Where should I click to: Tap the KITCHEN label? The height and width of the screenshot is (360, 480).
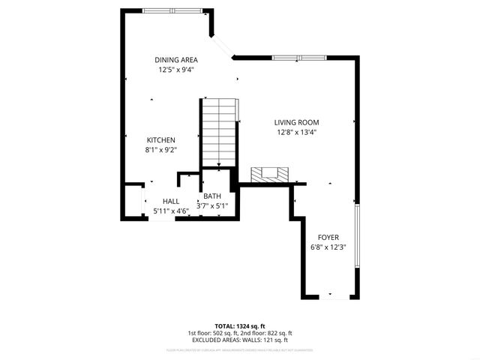[160, 140]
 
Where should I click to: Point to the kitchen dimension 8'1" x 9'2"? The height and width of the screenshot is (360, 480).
[160, 149]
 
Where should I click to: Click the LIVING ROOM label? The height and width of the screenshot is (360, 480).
[296, 122]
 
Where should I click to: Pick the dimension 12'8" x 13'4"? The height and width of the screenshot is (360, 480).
[296, 132]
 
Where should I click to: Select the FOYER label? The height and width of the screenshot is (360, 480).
[328, 237]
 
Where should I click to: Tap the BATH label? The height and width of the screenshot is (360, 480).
[212, 196]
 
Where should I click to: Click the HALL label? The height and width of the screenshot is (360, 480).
[171, 201]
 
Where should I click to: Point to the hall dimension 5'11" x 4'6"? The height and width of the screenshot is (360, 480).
[171, 211]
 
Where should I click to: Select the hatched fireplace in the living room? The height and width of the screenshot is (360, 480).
[268, 175]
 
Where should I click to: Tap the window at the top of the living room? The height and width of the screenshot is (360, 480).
[298, 57]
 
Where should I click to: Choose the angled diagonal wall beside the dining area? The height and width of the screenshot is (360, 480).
[222, 45]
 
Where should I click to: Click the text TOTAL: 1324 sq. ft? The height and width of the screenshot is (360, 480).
[240, 326]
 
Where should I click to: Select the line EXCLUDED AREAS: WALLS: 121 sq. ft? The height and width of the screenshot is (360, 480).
[240, 340]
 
